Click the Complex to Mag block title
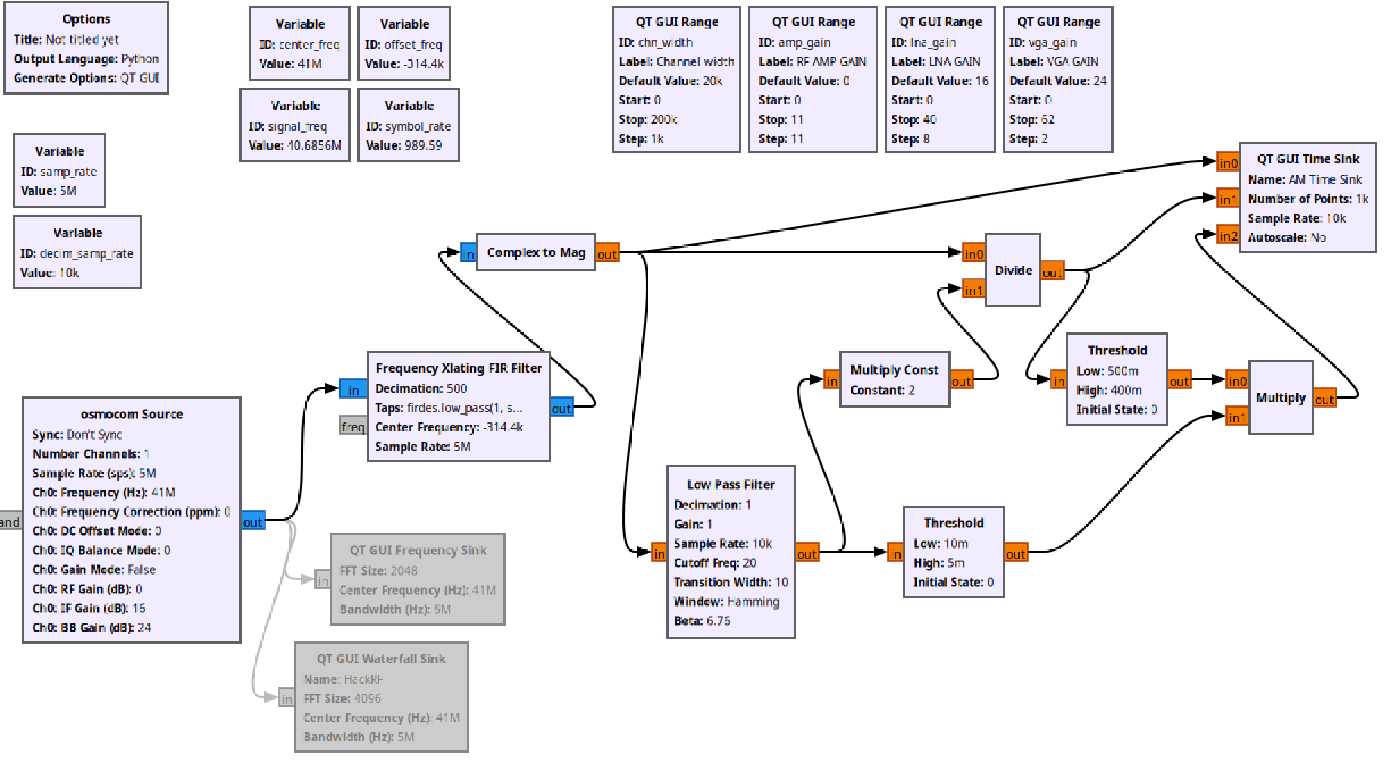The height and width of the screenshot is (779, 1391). pyautogui.click(x=536, y=252)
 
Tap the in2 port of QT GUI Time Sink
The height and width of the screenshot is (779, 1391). pyautogui.click(x=1228, y=236)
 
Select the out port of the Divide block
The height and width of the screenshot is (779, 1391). pyautogui.click(x=1052, y=272)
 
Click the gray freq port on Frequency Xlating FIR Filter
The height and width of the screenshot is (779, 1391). pyautogui.click(x=353, y=426)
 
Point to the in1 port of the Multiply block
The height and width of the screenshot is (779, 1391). pyautogui.click(x=1236, y=417)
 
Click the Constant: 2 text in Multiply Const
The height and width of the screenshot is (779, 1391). pyautogui.click(x=882, y=390)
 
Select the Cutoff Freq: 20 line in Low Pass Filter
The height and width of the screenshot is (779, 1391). pyautogui.click(x=714, y=563)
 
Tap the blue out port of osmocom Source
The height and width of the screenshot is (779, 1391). pyautogui.click(x=252, y=522)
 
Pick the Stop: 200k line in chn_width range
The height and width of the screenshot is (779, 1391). pyautogui.click(x=648, y=120)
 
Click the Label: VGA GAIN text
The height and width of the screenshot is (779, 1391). pyautogui.click(x=1054, y=61)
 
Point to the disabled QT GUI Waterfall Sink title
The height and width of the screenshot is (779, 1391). pyautogui.click(x=381, y=659)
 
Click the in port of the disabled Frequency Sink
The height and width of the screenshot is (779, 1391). pyautogui.click(x=322, y=580)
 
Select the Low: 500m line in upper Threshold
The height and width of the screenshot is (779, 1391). pyautogui.click(x=1107, y=371)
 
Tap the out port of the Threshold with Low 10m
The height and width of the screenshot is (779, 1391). pyautogui.click(x=1015, y=554)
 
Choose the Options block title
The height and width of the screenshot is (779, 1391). pyautogui.click(x=86, y=19)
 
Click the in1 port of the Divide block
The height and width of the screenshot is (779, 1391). pyautogui.click(x=973, y=290)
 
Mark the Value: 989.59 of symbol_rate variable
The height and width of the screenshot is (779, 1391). pyautogui.click(x=403, y=145)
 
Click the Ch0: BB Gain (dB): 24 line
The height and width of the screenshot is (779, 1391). pyautogui.click(x=91, y=627)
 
